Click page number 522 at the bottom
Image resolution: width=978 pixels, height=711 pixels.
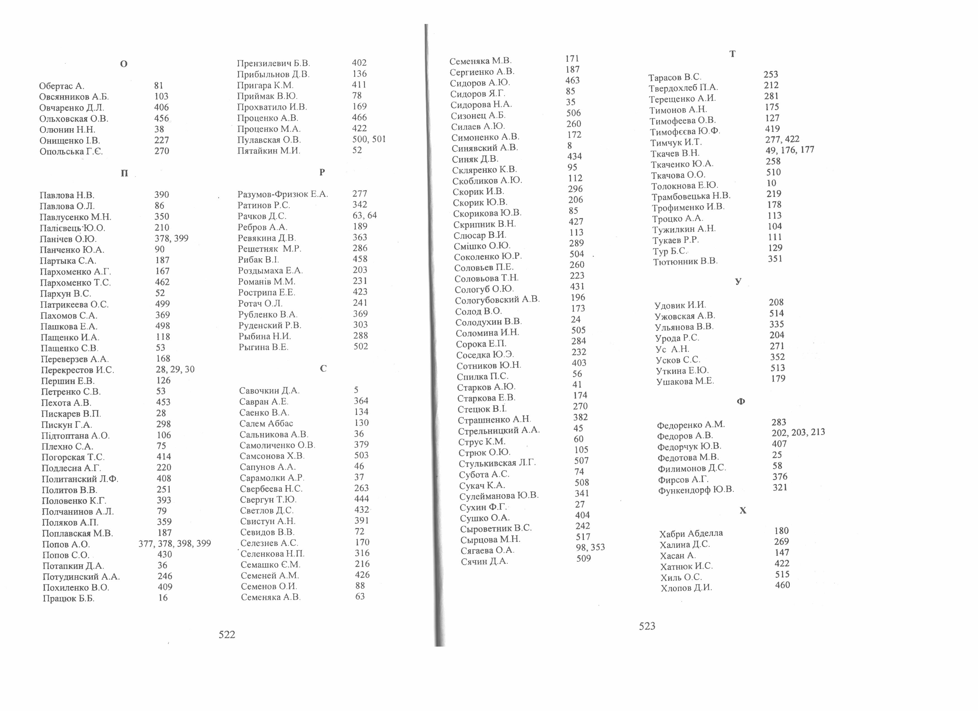coord(227,634)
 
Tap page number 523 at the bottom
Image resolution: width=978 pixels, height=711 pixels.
coord(647,626)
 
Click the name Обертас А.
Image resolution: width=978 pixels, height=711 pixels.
coord(62,86)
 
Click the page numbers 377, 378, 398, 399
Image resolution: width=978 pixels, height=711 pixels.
coord(175,543)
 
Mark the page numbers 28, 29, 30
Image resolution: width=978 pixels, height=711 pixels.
coord(175,369)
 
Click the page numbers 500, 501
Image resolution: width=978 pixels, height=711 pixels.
coord(369,139)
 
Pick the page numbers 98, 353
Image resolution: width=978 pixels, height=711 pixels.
coord(590,547)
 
